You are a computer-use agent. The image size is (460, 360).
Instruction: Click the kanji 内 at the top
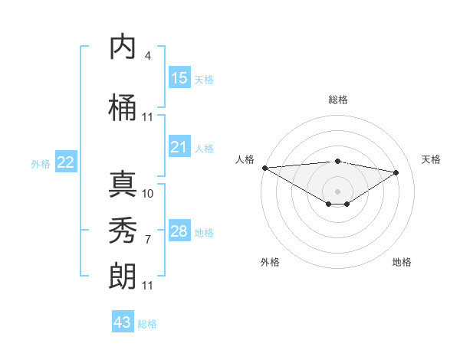coord(123,48)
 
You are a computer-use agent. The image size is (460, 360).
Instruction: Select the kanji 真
coord(123,184)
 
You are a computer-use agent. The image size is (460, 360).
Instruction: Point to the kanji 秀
coord(123,231)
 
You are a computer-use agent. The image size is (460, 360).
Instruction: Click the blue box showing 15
coord(179,78)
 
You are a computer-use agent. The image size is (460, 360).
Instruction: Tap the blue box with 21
coord(179,147)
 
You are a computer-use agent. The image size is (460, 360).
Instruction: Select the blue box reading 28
coord(179,231)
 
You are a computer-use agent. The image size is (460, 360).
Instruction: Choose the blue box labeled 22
coord(66,162)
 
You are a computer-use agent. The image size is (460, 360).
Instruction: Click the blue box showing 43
coord(123,322)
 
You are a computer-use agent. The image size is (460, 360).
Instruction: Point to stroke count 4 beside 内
coord(147,56)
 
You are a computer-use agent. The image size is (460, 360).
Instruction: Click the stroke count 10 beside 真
coord(148,194)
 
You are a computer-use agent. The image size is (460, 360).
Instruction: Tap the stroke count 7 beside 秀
coord(147,240)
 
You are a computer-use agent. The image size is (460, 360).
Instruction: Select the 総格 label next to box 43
coord(147,324)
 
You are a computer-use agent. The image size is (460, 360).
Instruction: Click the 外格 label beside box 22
coord(41,163)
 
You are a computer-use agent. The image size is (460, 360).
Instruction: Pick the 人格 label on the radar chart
coord(245,159)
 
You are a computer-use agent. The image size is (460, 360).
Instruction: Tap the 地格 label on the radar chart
coord(402,262)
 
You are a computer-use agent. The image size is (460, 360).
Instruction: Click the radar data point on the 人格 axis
coord(264,168)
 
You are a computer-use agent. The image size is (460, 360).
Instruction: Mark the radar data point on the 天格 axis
coord(396,172)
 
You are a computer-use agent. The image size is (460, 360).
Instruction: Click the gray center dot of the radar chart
coord(337,190)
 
